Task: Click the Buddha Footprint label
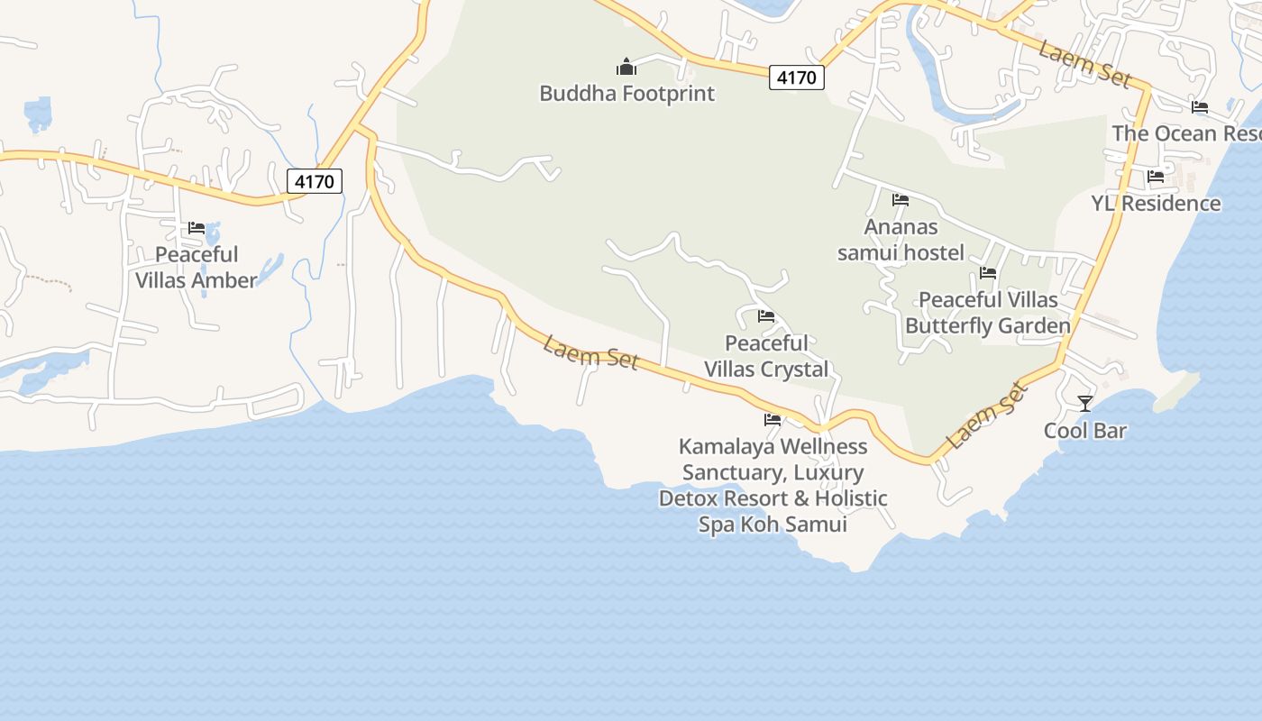626,93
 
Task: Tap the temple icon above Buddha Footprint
626,67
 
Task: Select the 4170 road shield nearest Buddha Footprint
797,78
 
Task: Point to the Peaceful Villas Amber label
197,268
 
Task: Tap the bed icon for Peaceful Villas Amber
197,228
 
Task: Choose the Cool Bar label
1085,431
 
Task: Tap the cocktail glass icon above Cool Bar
1085,404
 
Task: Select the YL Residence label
1156,204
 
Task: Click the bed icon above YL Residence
1156,177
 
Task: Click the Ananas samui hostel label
901,240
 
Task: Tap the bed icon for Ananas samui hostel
901,200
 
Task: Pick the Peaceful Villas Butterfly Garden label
988,313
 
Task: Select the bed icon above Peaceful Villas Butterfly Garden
988,273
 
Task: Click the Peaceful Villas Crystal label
766,356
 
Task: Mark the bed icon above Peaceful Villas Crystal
766,316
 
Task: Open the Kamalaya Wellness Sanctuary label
773,485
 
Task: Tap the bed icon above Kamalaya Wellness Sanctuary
773,420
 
